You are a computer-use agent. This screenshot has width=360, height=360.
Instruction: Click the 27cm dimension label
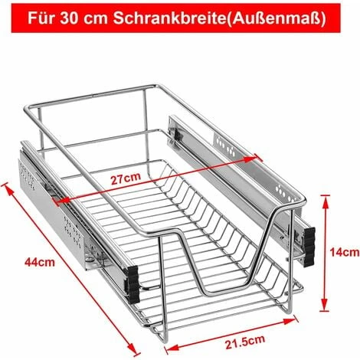(x=126, y=178)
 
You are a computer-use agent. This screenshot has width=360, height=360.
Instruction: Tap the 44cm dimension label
(x=40, y=262)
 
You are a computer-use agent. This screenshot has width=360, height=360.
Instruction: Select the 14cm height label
(x=345, y=253)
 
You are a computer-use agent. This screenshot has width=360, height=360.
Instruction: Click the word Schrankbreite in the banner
(x=169, y=18)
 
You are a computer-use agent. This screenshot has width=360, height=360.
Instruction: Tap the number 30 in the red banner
(x=69, y=18)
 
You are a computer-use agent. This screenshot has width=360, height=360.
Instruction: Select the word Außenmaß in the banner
(x=276, y=18)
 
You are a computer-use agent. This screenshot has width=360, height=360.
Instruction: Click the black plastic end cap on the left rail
(x=133, y=284)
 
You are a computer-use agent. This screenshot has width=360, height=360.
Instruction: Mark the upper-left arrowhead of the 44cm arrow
(x=8, y=189)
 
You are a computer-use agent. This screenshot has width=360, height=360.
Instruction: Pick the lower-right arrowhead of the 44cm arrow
(x=133, y=349)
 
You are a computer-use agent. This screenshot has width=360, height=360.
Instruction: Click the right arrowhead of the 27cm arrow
(x=252, y=159)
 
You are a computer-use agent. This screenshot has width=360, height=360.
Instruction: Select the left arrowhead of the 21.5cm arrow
(x=174, y=348)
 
